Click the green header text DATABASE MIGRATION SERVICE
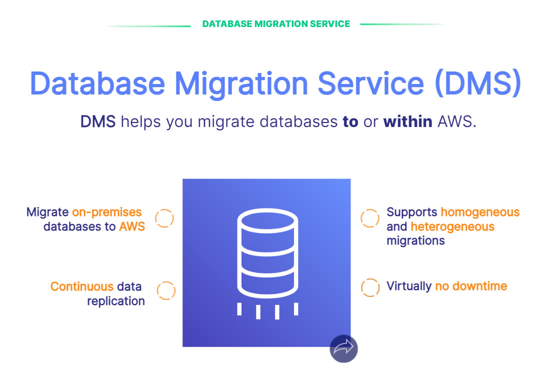(276, 24)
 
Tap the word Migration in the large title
(241, 84)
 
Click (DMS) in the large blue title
(478, 83)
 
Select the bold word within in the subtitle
(407, 121)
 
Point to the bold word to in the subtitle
(350, 122)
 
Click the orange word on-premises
(107, 212)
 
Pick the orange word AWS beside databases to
(132, 226)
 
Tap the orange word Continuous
(82, 286)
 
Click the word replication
(116, 301)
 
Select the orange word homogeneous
(480, 212)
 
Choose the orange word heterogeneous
(452, 226)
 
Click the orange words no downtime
(471, 286)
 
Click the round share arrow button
(343, 348)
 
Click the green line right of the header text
(402, 24)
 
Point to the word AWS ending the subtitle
(456, 121)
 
